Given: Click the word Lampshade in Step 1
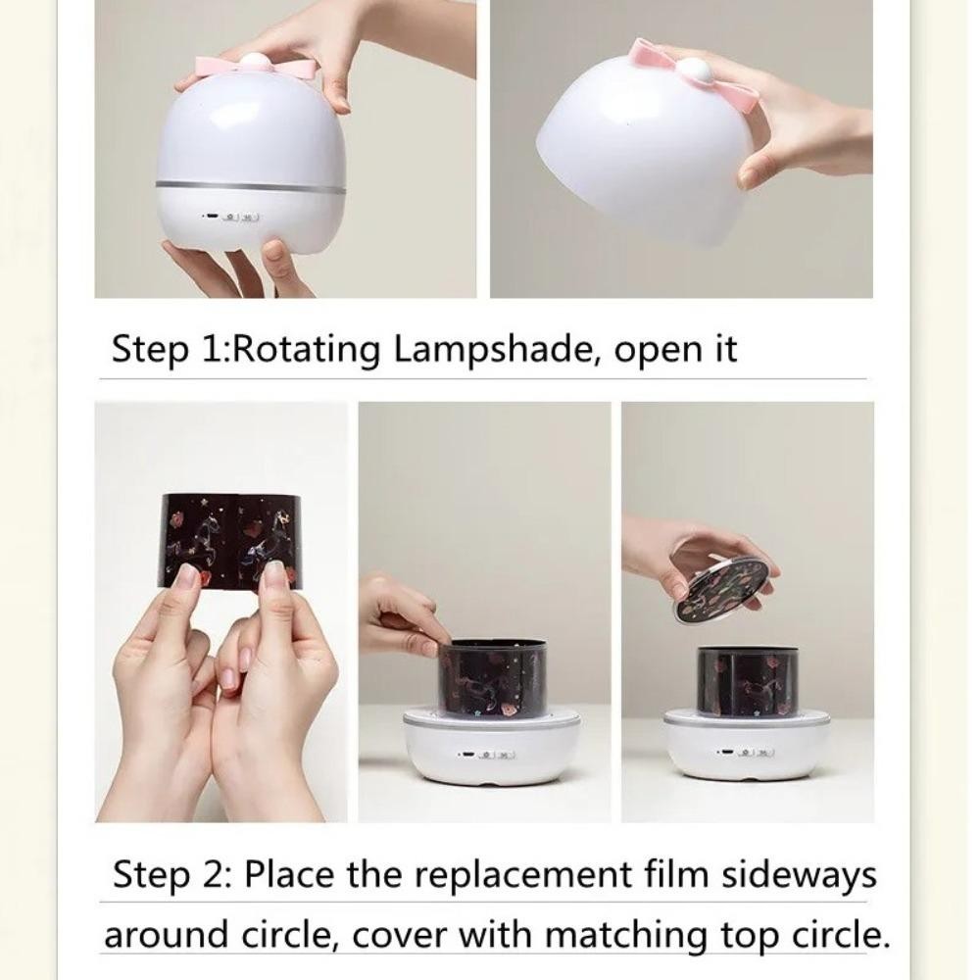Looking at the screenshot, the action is [x=493, y=349].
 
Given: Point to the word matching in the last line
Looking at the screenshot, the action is [x=627, y=935].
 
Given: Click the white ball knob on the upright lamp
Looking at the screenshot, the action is [x=255, y=61].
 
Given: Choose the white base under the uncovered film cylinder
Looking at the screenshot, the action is [x=493, y=748].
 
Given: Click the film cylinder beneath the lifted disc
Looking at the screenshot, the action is [x=748, y=682].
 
